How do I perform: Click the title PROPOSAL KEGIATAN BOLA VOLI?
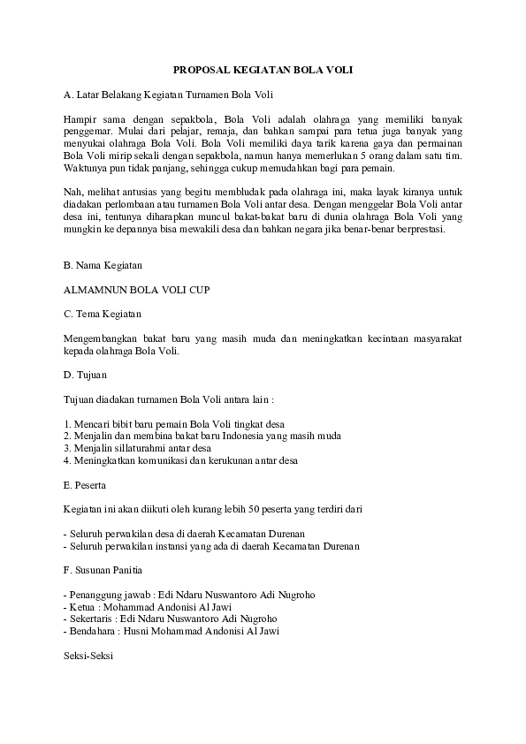(262, 69)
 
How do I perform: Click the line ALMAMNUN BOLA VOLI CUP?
(136, 289)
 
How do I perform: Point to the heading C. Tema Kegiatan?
(102, 314)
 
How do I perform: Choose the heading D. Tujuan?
(86, 375)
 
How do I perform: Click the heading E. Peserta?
(86, 485)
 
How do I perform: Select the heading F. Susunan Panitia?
(103, 570)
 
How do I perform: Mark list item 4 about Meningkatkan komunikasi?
(181, 460)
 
